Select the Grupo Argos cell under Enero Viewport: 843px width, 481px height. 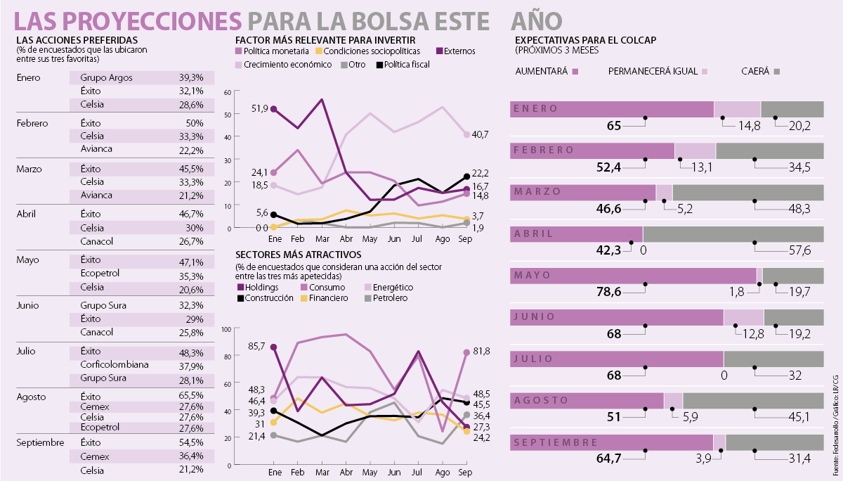(x=106, y=77)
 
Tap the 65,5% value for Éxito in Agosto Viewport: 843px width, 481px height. (x=190, y=397)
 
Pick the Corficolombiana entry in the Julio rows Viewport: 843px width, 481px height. (x=115, y=366)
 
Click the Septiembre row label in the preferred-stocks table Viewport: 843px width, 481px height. (x=40, y=442)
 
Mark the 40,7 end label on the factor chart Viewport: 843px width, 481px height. (x=481, y=134)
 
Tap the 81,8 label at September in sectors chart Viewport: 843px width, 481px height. (x=481, y=351)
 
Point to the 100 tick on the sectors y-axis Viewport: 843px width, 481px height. (x=226, y=329)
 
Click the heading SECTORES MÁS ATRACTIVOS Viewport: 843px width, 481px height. (x=298, y=255)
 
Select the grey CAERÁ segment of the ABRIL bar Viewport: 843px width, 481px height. (x=733, y=234)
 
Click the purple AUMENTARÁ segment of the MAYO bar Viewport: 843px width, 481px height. (x=632, y=276)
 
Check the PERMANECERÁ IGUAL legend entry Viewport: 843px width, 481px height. (x=657, y=72)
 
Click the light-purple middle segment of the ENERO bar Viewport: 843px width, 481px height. (x=737, y=109)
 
